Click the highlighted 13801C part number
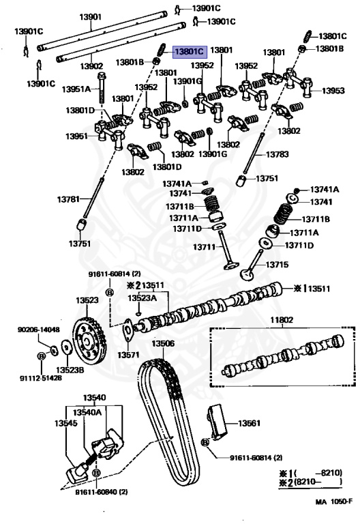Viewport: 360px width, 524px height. point(190,52)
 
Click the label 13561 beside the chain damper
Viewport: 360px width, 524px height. point(249,423)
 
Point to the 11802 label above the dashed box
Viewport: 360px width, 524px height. point(282,320)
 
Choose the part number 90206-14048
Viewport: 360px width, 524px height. point(39,330)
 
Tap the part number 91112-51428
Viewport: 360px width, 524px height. point(41,378)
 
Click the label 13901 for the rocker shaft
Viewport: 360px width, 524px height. point(90,16)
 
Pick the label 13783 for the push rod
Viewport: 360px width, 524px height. point(277,154)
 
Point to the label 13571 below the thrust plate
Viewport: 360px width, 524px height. point(128,355)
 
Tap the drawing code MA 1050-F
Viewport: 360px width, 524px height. point(333,501)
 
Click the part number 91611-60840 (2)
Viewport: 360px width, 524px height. point(101,492)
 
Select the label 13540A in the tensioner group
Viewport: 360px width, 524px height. point(87,412)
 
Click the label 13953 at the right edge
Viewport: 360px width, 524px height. point(333,91)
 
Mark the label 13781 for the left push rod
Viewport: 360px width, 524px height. point(68,199)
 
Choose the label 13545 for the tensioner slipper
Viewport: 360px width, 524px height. point(65,423)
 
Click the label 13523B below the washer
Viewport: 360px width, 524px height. point(70,370)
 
